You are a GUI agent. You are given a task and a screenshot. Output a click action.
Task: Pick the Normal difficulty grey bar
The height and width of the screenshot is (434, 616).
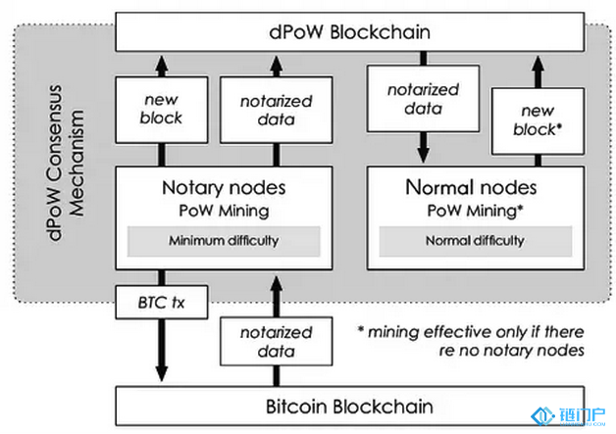(x=475, y=240)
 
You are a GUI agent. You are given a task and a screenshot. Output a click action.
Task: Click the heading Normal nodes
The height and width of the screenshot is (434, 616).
(x=475, y=186)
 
